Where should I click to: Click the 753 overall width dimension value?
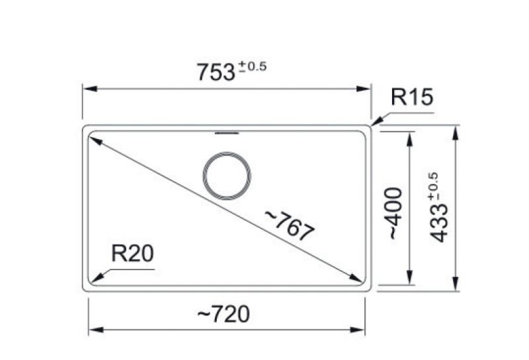point(216,72)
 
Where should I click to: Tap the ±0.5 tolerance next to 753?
point(252,66)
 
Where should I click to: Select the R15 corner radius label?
point(411,98)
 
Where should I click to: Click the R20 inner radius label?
point(132,254)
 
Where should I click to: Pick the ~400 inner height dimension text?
point(394,213)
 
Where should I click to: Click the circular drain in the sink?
point(227,177)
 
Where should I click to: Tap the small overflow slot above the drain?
point(227,133)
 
